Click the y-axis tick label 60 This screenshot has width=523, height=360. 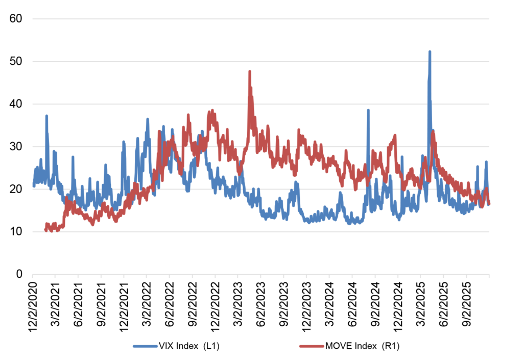[16, 19]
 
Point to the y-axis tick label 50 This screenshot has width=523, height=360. [16, 61]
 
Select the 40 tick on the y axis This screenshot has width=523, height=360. [16, 104]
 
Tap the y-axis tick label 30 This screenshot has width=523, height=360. [16, 147]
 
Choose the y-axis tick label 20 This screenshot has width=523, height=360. [16, 189]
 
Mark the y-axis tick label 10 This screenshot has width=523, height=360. [16, 232]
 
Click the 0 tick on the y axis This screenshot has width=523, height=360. [19, 274]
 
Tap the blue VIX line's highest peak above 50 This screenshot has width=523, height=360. [430, 52]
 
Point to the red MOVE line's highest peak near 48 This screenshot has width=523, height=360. [250, 72]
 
